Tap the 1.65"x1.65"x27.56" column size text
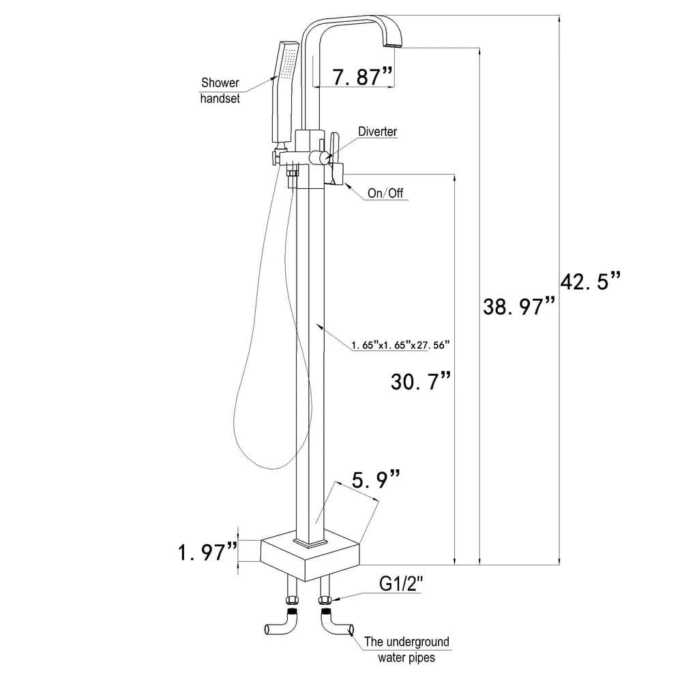coord(402,345)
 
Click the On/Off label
coord(385,193)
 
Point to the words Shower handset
coord(220,90)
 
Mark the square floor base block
coord(310,552)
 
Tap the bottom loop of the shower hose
coord(263,464)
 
